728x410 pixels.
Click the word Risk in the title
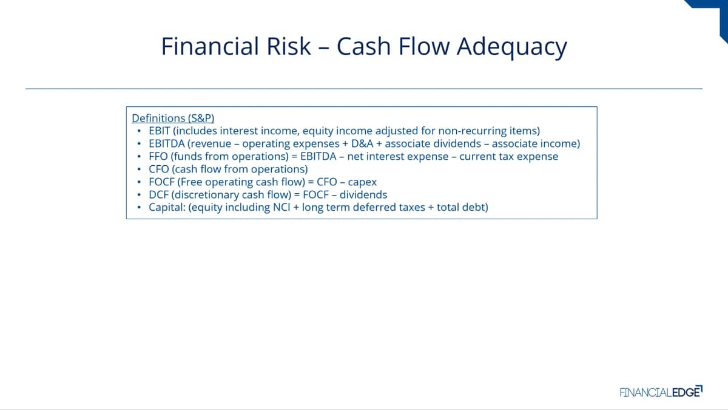pyautogui.click(x=288, y=46)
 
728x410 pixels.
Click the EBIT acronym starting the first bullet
pyautogui.click(x=159, y=131)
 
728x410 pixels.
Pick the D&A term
pyautogui.click(x=362, y=143)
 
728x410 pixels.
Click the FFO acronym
pyautogui.click(x=158, y=156)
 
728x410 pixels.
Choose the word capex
pyautogui.click(x=362, y=183)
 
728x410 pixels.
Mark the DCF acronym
pyautogui.click(x=158, y=194)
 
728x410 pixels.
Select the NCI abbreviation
pyautogui.click(x=281, y=207)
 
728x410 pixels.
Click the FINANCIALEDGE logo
pyautogui.click(x=661, y=391)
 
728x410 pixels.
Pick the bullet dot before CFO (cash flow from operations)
pyautogui.click(x=139, y=169)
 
